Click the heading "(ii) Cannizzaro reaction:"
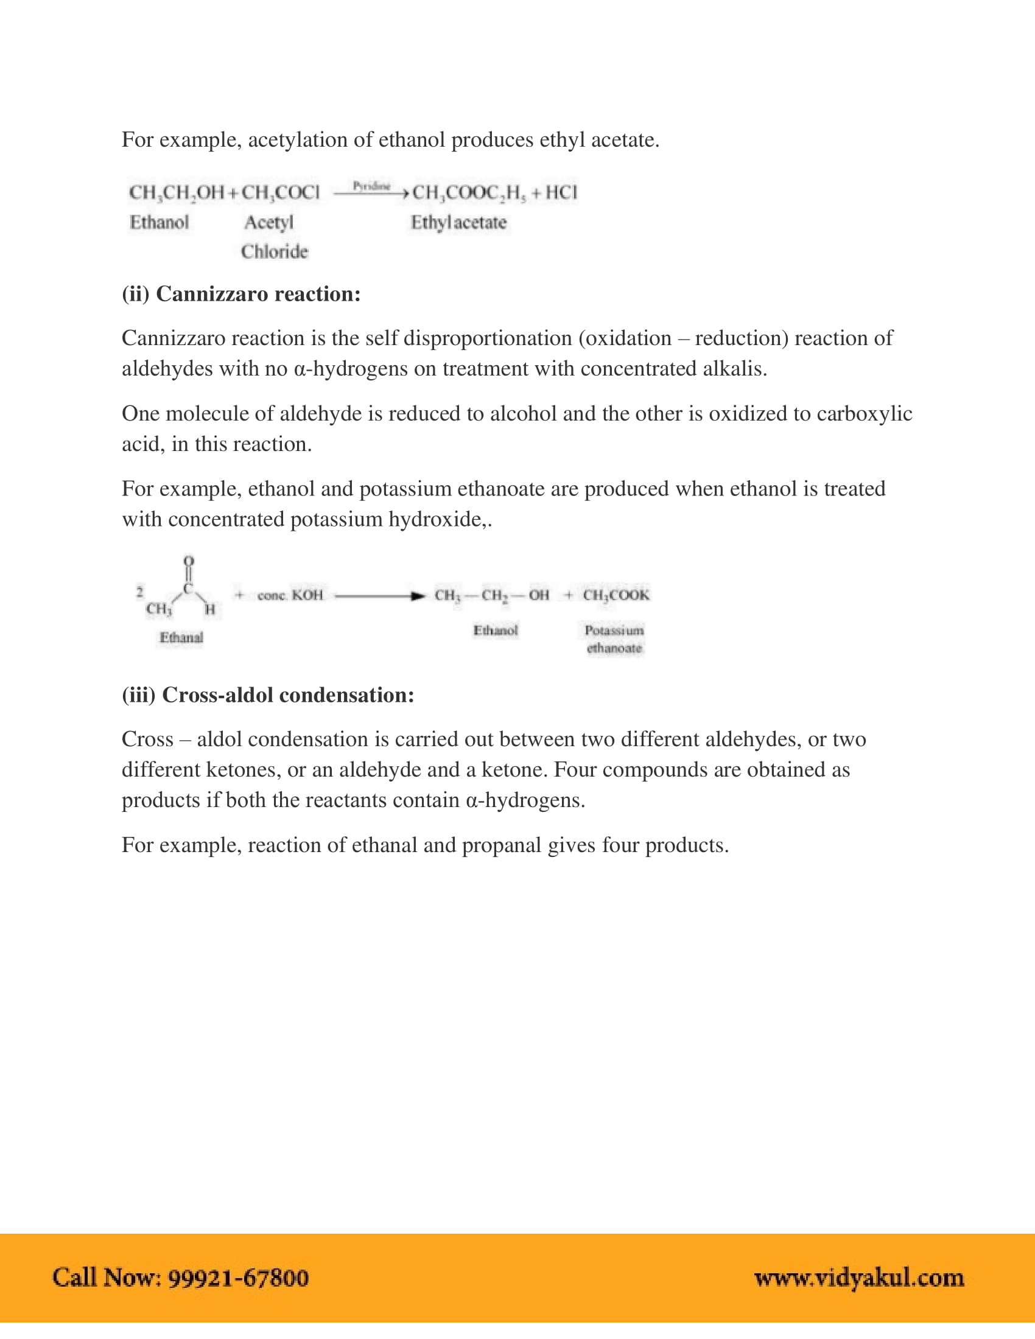(x=241, y=295)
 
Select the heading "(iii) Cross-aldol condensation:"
(x=268, y=695)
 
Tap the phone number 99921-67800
(x=238, y=1278)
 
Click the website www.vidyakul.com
(x=859, y=1278)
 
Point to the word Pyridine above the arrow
(x=371, y=186)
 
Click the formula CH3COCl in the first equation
(x=280, y=192)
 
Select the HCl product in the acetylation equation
(x=561, y=192)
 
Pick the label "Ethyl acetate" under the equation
(x=458, y=223)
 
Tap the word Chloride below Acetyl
(x=274, y=251)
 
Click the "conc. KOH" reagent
(x=290, y=595)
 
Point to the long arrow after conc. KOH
(x=379, y=596)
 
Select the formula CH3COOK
(x=616, y=595)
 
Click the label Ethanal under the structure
(x=181, y=638)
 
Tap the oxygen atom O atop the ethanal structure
(x=189, y=561)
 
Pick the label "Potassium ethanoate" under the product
(x=614, y=639)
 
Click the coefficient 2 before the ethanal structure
(x=140, y=592)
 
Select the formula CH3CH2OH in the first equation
(x=177, y=192)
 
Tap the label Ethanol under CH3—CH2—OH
(x=495, y=631)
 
